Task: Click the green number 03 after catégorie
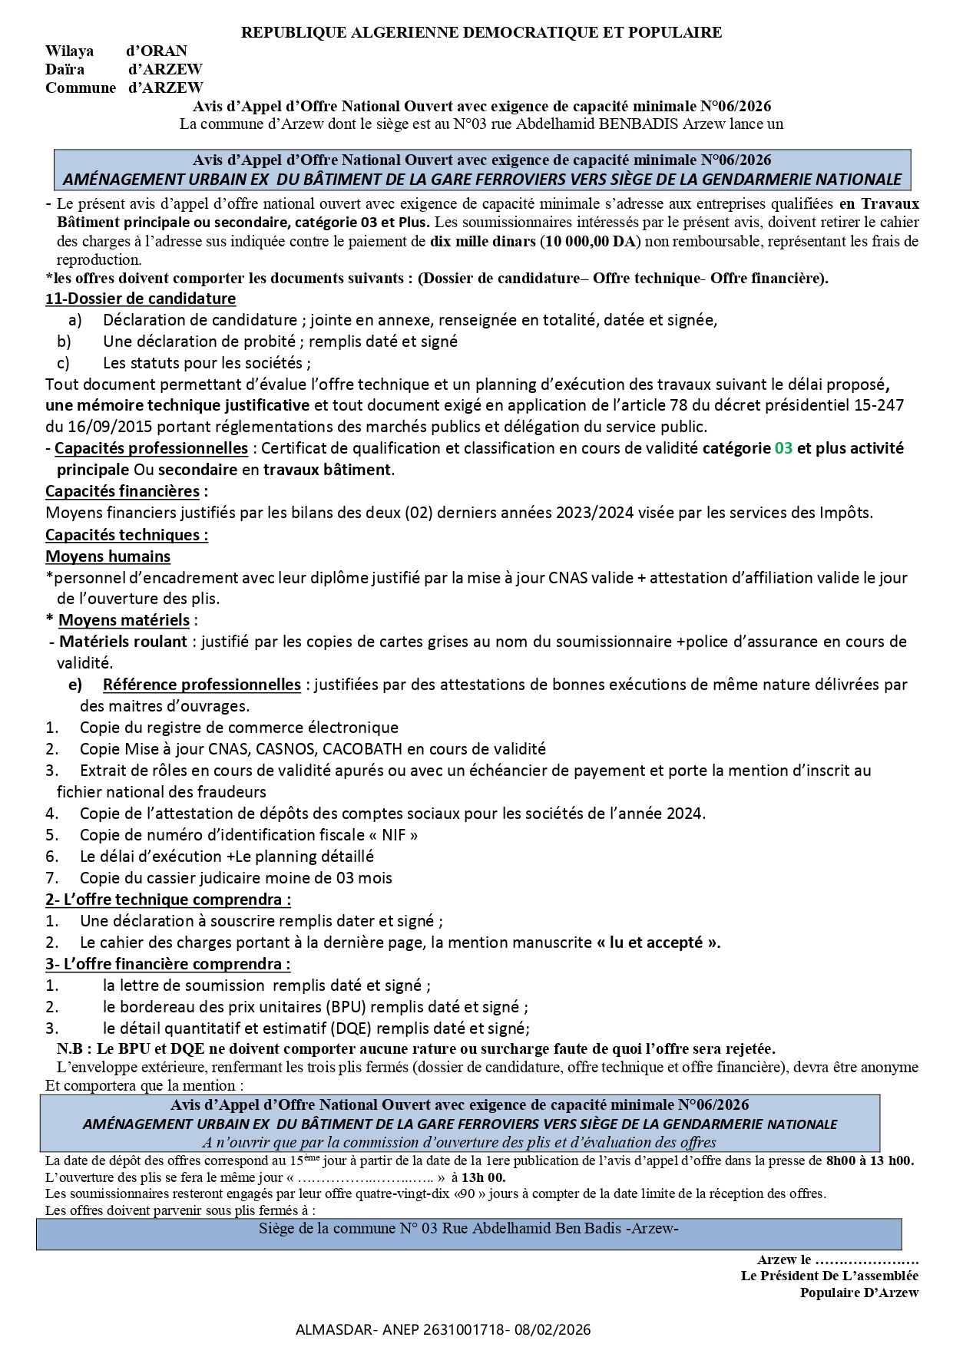click(783, 448)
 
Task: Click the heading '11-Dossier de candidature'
click(141, 299)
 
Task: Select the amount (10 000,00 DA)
click(589, 241)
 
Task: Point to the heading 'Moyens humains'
click(108, 556)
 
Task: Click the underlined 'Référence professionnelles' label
click(201, 685)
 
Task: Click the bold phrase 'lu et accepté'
click(658, 943)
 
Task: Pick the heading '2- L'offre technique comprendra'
click(168, 900)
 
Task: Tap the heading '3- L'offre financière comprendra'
click(168, 964)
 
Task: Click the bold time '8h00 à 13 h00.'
click(869, 1161)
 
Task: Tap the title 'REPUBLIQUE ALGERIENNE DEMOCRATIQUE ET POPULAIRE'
click(481, 32)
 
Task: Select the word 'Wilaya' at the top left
click(69, 51)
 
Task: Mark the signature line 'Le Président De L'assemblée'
click(829, 1276)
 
